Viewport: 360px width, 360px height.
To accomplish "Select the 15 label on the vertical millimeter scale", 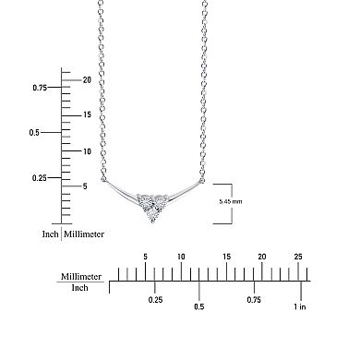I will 85,114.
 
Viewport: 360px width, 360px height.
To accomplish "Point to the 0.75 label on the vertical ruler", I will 40,88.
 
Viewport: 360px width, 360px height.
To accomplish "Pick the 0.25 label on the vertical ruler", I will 40,177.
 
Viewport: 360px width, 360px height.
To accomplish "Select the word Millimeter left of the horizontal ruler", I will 80,276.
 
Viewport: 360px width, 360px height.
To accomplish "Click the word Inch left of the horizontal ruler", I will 80,287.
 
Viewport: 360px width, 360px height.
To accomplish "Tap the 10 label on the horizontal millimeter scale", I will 180,256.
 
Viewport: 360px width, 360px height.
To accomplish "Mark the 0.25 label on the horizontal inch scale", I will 156,299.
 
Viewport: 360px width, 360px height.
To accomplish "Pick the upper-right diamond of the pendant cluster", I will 160,199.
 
